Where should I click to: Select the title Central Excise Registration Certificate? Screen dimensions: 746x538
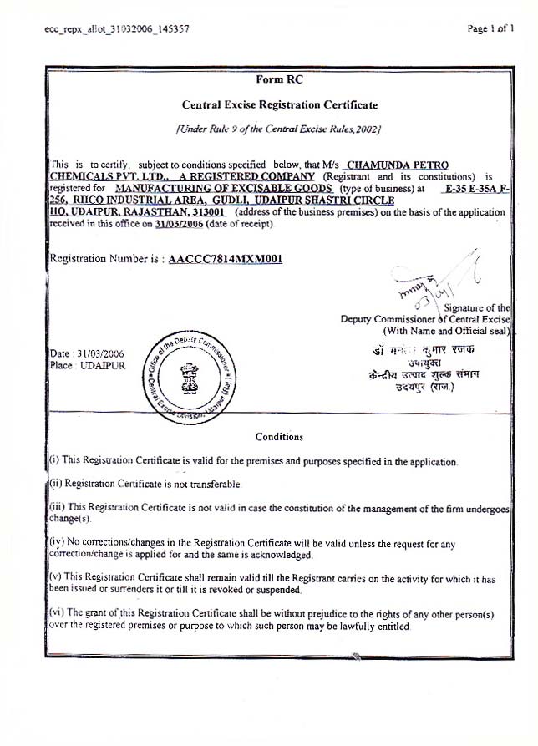point(280,105)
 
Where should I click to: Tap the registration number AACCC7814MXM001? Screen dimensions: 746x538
point(226,259)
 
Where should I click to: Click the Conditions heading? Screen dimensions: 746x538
point(279,436)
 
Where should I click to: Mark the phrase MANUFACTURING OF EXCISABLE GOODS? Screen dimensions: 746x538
point(225,189)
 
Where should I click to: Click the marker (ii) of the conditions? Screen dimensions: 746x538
point(55,484)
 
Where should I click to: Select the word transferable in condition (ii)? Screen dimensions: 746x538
point(214,484)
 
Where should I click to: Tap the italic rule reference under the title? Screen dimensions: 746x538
point(279,129)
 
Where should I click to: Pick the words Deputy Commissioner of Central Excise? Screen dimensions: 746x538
point(425,319)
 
